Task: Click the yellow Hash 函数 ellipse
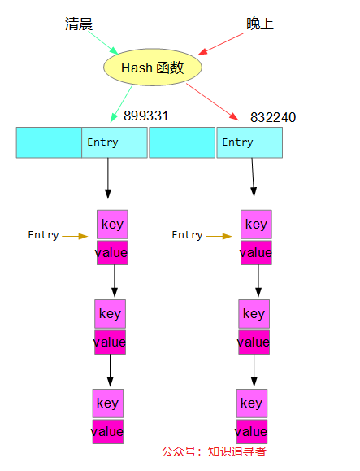pyautogui.click(x=153, y=68)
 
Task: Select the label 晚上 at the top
pyautogui.click(x=260, y=24)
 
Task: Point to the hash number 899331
pyautogui.click(x=145, y=116)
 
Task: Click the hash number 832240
pyautogui.click(x=273, y=118)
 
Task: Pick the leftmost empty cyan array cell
pyautogui.click(x=49, y=142)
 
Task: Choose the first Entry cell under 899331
pyautogui.click(x=115, y=142)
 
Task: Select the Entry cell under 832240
pyautogui.click(x=249, y=142)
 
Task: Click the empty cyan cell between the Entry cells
pyautogui.click(x=182, y=142)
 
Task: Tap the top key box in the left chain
pyautogui.click(x=112, y=225)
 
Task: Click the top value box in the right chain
pyautogui.click(x=256, y=253)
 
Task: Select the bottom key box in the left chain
pyautogui.click(x=107, y=403)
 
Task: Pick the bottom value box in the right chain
pyautogui.click(x=251, y=431)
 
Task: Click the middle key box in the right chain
pyautogui.click(x=254, y=314)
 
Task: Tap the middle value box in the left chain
pyautogui.click(x=110, y=342)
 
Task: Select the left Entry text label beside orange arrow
pyautogui.click(x=43, y=235)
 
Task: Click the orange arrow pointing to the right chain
pyautogui.click(x=219, y=236)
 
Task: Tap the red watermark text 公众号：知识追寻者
pyautogui.click(x=214, y=452)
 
